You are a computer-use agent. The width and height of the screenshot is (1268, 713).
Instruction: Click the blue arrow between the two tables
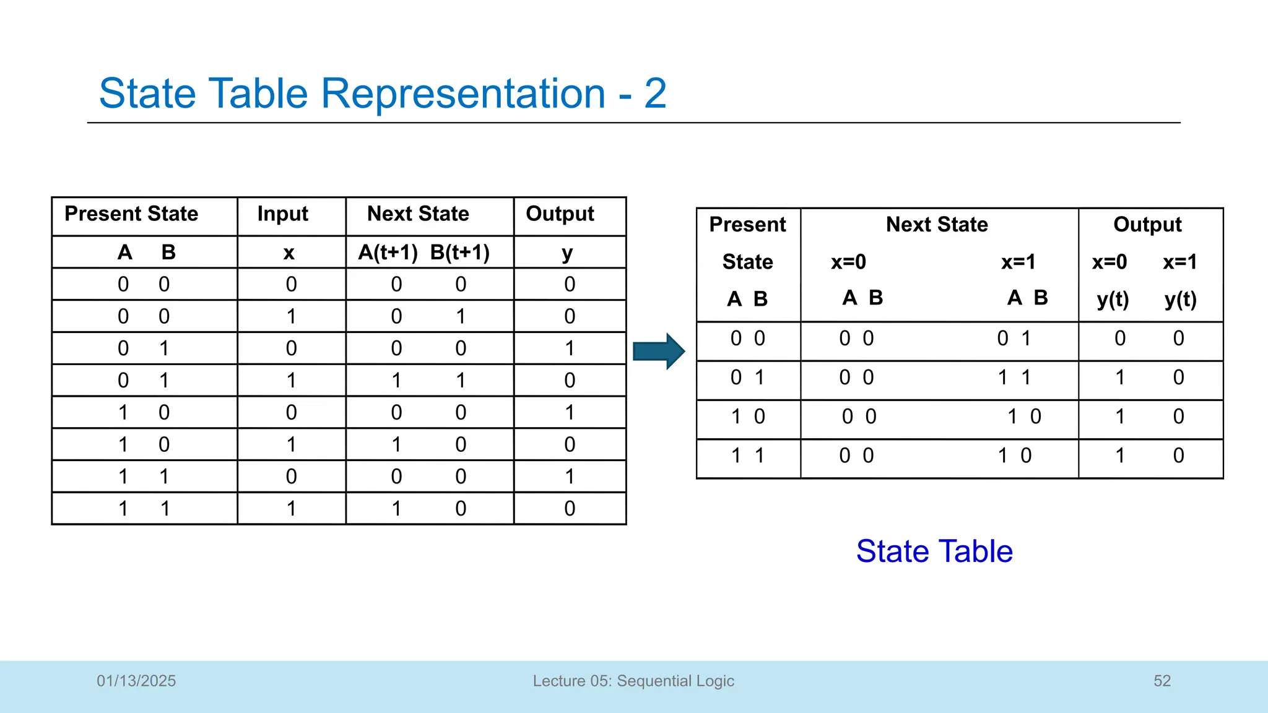(x=658, y=351)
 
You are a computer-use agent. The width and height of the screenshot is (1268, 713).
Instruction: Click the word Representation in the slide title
(x=462, y=93)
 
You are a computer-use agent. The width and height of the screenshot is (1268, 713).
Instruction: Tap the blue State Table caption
(x=934, y=551)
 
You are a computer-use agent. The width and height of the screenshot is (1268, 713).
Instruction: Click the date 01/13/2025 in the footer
(x=136, y=681)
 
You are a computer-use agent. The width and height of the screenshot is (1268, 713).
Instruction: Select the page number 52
(x=1162, y=681)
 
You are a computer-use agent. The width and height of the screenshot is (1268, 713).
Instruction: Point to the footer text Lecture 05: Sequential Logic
(x=633, y=681)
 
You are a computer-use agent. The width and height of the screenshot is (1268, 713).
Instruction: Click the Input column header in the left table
(x=282, y=214)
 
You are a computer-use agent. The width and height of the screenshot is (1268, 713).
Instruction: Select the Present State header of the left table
(x=131, y=214)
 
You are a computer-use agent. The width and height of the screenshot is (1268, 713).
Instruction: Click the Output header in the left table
(x=560, y=214)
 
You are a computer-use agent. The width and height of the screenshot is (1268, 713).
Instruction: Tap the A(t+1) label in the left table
(x=388, y=253)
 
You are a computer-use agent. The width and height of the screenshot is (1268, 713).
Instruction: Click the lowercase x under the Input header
(x=289, y=253)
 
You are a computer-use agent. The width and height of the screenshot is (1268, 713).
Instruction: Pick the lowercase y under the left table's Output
(x=567, y=254)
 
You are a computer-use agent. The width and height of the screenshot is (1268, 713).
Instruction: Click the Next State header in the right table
(x=936, y=225)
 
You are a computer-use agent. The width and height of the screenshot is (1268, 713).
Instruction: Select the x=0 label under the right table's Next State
(x=848, y=262)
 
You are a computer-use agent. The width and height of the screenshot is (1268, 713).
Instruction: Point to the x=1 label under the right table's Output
(x=1179, y=262)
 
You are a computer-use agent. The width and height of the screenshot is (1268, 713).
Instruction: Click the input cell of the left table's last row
(x=291, y=509)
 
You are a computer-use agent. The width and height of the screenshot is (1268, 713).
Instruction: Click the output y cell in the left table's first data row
(x=570, y=285)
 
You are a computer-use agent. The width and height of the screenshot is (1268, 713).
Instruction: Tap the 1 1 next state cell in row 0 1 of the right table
(x=1014, y=378)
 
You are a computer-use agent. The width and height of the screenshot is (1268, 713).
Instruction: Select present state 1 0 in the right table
(x=748, y=417)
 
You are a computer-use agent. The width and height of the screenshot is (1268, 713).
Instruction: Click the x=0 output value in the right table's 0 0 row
(x=1120, y=339)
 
